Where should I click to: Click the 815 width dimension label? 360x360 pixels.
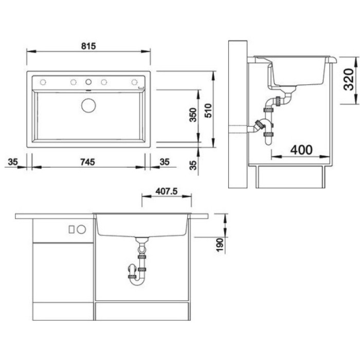click(88, 46)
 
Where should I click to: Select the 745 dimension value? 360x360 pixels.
click(87, 162)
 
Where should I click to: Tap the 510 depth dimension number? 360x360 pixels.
click(208, 111)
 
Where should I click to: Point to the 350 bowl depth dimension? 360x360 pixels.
click(193, 115)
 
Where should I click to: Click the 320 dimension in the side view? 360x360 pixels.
click(348, 79)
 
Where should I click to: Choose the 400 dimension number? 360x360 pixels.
click(301, 150)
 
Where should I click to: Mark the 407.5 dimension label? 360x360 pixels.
click(167, 191)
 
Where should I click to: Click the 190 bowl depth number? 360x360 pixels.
click(220, 245)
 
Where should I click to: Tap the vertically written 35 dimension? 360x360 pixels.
click(193, 165)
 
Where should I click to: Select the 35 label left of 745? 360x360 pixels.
click(13, 162)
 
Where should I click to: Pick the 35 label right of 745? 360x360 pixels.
click(165, 162)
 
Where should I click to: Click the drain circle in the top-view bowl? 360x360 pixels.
click(88, 105)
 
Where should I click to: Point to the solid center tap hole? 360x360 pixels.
click(88, 82)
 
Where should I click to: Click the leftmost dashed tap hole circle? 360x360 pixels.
click(43, 82)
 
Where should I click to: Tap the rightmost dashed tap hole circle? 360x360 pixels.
click(134, 82)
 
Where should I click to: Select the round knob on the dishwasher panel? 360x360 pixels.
click(81, 229)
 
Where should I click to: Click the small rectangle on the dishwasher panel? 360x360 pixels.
click(71, 229)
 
